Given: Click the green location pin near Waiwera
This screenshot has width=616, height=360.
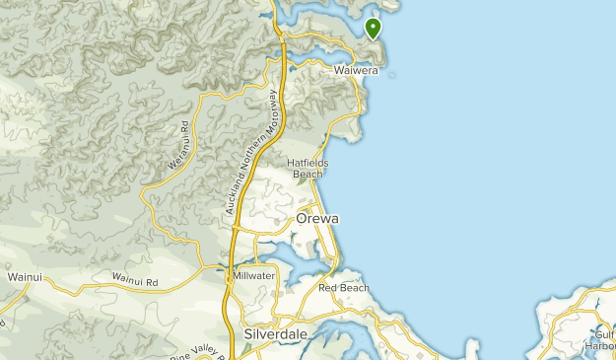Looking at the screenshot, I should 374,29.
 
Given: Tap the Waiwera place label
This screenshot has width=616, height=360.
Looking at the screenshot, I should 356,70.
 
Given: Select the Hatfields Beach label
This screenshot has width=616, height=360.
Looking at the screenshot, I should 308,168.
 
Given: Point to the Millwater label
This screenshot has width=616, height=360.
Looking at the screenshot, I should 254,276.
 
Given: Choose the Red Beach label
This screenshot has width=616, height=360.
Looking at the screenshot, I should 343,288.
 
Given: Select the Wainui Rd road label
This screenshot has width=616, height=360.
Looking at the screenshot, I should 135,282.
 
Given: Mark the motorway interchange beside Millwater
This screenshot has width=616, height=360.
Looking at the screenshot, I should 229,280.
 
